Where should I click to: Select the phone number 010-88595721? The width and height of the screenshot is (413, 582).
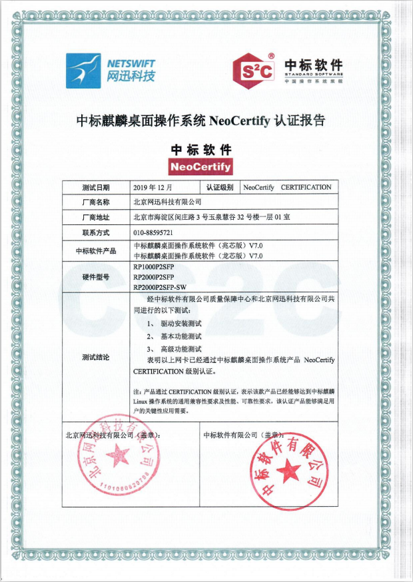pyautogui.click(x=153, y=233)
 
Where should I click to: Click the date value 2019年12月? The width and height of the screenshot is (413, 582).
pyautogui.click(x=153, y=187)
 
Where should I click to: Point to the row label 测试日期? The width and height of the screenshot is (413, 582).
pyautogui.click(x=96, y=187)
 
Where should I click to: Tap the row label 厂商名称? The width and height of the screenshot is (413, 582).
pyautogui.click(x=95, y=201)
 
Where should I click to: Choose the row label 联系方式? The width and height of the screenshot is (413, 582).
pyautogui.click(x=95, y=233)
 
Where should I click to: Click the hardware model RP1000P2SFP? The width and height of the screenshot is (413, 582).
pyautogui.click(x=154, y=266)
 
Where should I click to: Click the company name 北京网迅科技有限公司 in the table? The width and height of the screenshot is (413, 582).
pyautogui.click(x=167, y=201)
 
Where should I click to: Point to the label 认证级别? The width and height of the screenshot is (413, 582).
pyautogui.click(x=220, y=187)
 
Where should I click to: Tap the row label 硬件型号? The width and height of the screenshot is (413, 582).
pyautogui.click(x=95, y=276)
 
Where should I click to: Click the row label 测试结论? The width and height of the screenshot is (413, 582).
pyautogui.click(x=95, y=358)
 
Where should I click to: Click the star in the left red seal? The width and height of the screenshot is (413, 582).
pyautogui.click(x=118, y=456)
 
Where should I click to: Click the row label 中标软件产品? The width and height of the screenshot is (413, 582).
pyautogui.click(x=95, y=250)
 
